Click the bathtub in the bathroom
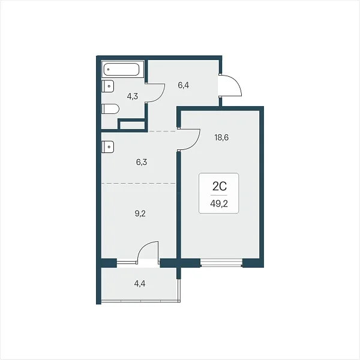point(121,70)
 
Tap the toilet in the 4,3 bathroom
point(110,109)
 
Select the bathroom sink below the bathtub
point(107,86)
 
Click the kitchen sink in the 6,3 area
point(107,147)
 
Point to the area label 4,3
point(133,96)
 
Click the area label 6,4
point(184,85)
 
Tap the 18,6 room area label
point(221,137)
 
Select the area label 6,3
point(142,162)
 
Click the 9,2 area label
point(140,214)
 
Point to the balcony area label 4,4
point(140,284)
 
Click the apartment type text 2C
point(220,186)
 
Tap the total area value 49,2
point(219,203)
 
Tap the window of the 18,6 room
point(221,263)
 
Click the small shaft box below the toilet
point(133,125)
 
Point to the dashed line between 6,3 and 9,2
point(139,183)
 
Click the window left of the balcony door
point(127,261)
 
